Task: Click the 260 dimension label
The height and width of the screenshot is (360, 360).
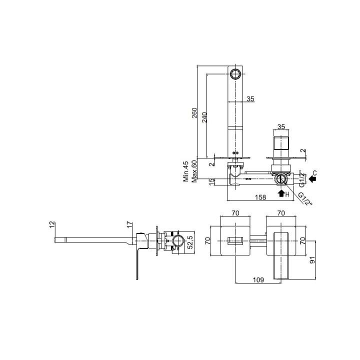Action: pyautogui.click(x=194, y=112)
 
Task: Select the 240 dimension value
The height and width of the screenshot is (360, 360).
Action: pyautogui.click(x=204, y=117)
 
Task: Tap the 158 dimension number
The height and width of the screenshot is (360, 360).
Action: pyautogui.click(x=260, y=197)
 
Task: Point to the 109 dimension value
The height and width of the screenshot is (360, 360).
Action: pyautogui.click(x=258, y=280)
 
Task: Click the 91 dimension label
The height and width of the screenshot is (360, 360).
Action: pyautogui.click(x=312, y=260)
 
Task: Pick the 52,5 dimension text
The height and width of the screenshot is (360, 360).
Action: pyautogui.click(x=191, y=242)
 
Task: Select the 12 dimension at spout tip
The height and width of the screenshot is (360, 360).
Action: pyautogui.click(x=52, y=225)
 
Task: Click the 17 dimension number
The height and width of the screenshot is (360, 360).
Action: pyautogui.click(x=130, y=225)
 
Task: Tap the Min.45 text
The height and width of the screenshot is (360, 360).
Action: pyautogui.click(x=185, y=171)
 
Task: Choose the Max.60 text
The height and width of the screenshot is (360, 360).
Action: pyautogui.click(x=194, y=171)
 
